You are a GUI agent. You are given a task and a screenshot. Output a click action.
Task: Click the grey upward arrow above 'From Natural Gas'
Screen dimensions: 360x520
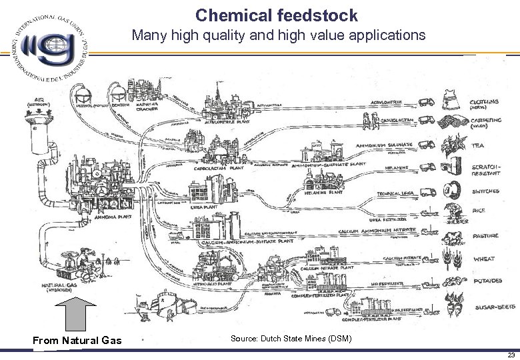point(77,313)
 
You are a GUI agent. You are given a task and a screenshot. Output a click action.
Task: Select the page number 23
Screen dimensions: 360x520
point(509,355)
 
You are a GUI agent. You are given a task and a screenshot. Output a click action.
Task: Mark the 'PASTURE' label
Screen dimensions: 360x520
point(487,236)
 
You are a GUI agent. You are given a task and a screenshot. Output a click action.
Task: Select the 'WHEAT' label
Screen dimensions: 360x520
point(483,259)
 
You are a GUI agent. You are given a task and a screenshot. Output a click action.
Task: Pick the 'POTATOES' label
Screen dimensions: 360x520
point(488,281)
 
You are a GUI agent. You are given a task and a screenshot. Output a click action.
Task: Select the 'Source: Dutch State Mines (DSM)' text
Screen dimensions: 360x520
point(291,339)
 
